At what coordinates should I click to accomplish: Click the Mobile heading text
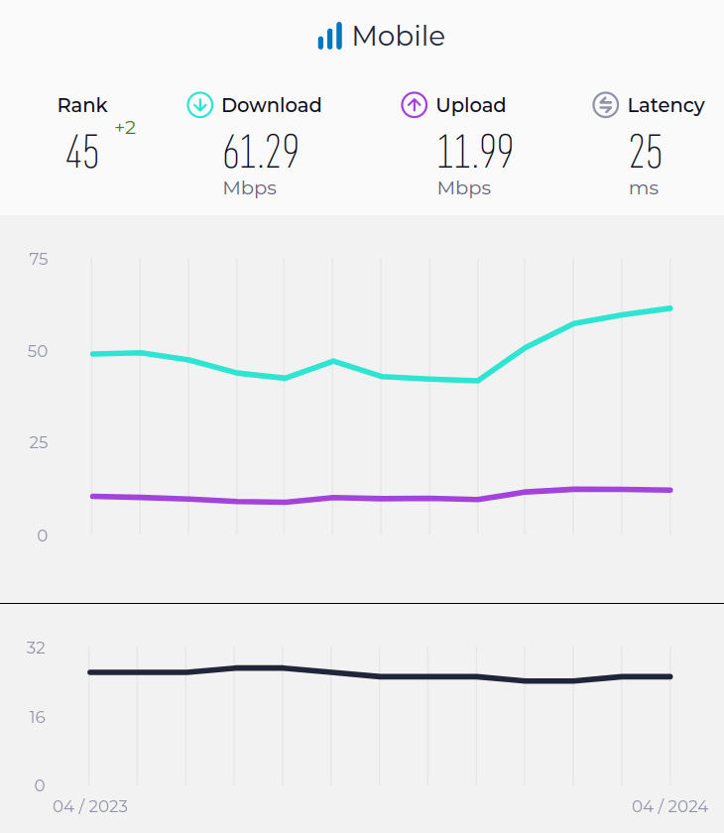pos(398,37)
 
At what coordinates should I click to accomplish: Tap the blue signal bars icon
pos(329,37)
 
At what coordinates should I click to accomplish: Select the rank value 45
pos(82,152)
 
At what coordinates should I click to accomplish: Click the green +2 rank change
pos(125,128)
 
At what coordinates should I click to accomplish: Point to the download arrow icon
pos(200,105)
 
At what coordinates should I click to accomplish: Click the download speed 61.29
pos(261,152)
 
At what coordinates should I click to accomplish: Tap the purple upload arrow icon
pos(414,105)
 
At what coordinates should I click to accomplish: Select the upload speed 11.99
pos(475,152)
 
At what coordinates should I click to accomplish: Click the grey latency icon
pos(605,105)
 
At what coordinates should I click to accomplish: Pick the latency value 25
pos(646,152)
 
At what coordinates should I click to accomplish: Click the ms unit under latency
pos(644,188)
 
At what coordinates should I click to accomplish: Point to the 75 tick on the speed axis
pos(39,259)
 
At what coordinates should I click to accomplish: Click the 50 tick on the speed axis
pos(39,351)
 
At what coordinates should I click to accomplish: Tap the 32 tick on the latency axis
pos(36,648)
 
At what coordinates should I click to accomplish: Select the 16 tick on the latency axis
pos(36,717)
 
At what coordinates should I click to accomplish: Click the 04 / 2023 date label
pos(90,806)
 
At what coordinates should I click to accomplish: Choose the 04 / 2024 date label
pos(669,806)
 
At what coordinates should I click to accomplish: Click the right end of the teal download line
pos(670,308)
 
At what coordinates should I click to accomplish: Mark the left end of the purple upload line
pos(92,496)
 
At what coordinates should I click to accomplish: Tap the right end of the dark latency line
pos(670,676)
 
